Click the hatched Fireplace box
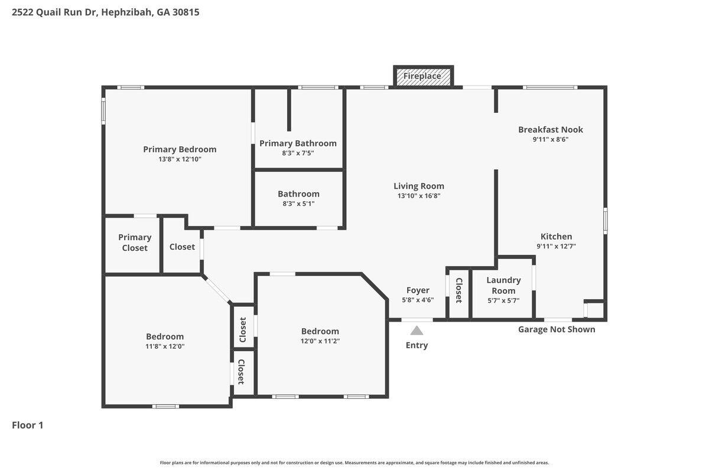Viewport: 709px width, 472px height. tap(423, 76)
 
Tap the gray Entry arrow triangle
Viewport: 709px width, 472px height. tap(417, 330)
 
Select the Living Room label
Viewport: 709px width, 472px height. tap(419, 186)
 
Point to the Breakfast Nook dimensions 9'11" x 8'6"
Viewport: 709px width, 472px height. tap(551, 139)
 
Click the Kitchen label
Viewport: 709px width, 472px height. tap(556, 237)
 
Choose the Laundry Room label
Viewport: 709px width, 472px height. tap(503, 285)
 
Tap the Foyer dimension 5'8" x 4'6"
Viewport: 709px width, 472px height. tap(418, 300)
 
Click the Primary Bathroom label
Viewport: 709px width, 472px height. tap(298, 143)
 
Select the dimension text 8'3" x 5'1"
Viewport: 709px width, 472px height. tap(298, 204)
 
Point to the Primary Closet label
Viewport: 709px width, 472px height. tap(135, 242)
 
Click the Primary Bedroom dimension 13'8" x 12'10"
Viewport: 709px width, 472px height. tap(180, 159)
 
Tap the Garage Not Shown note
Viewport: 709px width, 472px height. tap(557, 329)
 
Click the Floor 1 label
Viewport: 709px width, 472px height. tap(28, 425)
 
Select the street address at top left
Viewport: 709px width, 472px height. tap(105, 12)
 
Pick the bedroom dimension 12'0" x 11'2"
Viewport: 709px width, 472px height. tap(320, 341)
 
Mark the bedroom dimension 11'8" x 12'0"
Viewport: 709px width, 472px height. tap(165, 346)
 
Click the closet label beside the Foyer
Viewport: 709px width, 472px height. tap(458, 290)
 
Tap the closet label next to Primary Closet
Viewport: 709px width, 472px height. tap(182, 247)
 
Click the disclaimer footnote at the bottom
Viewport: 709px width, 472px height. tap(354, 463)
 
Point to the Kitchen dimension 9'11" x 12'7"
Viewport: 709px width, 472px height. tap(556, 246)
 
